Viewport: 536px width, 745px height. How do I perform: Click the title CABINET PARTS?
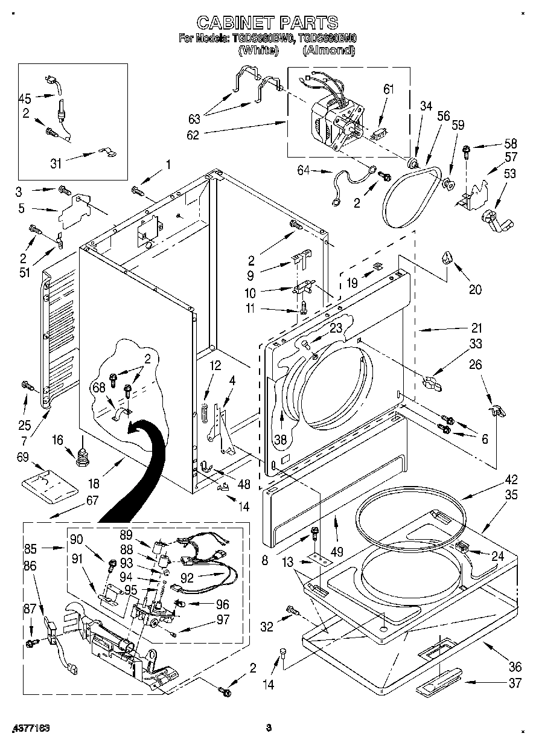coord(267,23)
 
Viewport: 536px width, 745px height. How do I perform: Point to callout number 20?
coord(475,289)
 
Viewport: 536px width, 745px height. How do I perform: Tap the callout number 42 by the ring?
coord(511,481)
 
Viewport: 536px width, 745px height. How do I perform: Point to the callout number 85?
coord(31,549)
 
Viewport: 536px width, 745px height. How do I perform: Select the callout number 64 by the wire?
coord(304,171)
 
